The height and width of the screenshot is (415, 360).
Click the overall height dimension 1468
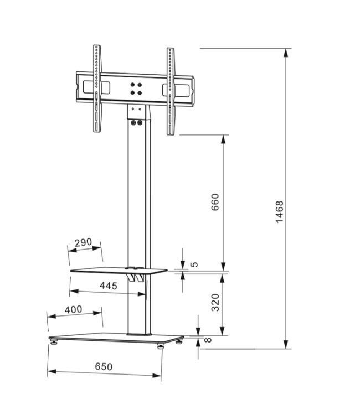coord(280,212)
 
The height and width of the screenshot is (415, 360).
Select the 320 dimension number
coord(216,303)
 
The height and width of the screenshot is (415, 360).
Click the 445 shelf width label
coord(109,286)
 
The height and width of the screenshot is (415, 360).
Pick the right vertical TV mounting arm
coord(171,90)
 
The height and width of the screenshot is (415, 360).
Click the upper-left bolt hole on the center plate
coord(132,85)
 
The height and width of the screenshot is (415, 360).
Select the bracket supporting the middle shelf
coord(136,275)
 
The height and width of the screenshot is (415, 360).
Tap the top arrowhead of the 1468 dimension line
coord(286,53)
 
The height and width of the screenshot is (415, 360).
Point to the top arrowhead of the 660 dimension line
coord(224,138)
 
